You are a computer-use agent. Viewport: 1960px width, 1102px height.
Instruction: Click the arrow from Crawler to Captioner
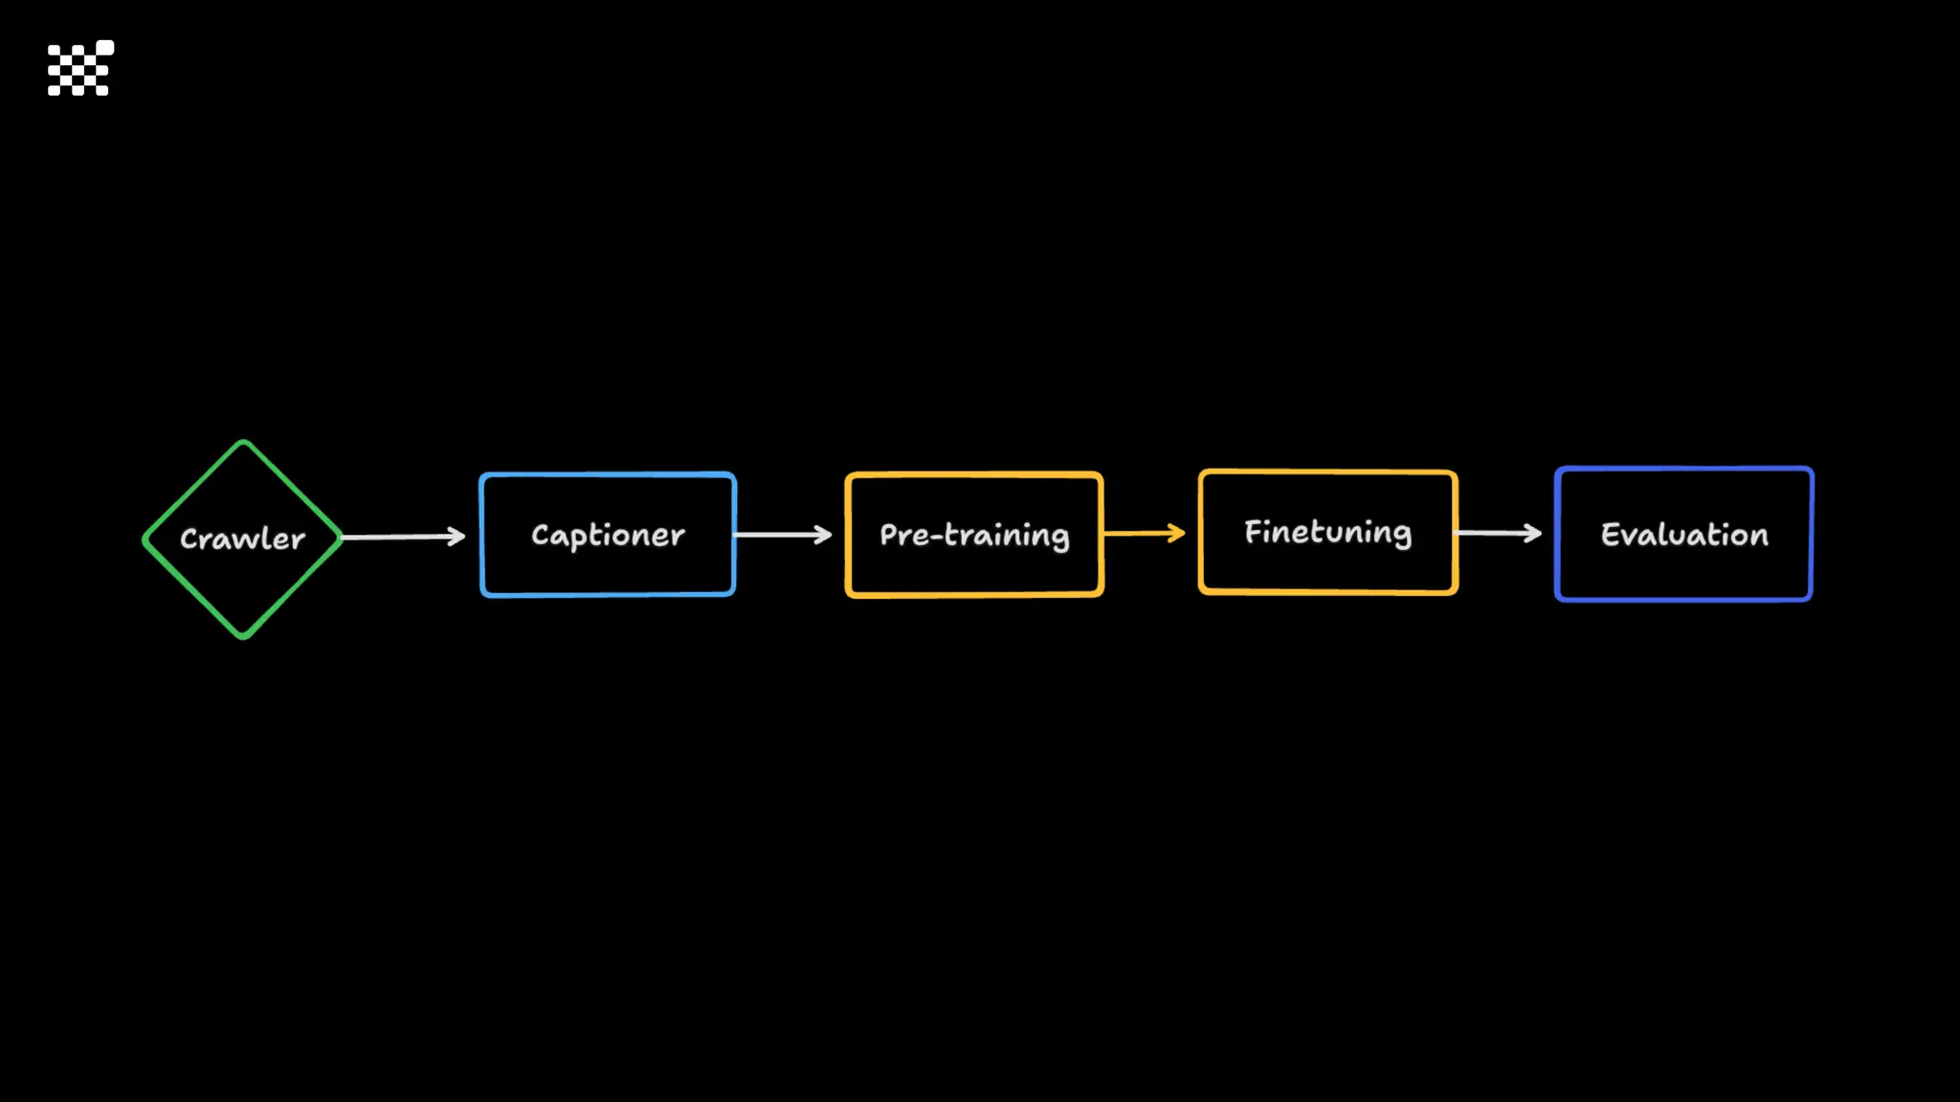(x=402, y=537)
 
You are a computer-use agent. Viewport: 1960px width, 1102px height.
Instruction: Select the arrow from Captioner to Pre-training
(x=780, y=535)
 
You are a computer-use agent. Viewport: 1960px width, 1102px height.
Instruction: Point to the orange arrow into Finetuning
(x=1143, y=533)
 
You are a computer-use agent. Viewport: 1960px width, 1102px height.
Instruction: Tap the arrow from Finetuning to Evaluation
(x=1497, y=533)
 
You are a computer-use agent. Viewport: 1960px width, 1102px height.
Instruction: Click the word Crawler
(x=242, y=539)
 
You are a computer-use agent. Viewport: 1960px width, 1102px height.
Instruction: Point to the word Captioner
(x=608, y=535)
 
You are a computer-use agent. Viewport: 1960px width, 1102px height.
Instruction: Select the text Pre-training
(x=974, y=535)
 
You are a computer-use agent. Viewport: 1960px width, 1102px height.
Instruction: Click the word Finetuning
(x=1327, y=532)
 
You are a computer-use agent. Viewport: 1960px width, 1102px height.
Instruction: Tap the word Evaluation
(x=1684, y=535)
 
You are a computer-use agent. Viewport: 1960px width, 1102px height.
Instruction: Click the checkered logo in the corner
(x=80, y=69)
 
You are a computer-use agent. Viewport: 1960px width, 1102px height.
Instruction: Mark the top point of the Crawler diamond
(x=243, y=443)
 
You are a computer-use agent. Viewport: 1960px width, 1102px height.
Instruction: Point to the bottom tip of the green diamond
(x=243, y=635)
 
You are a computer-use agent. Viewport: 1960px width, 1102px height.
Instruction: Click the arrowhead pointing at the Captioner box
(x=457, y=537)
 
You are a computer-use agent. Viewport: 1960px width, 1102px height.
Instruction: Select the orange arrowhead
(x=1177, y=533)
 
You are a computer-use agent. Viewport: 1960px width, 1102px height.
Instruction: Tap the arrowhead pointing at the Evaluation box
(x=1533, y=533)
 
